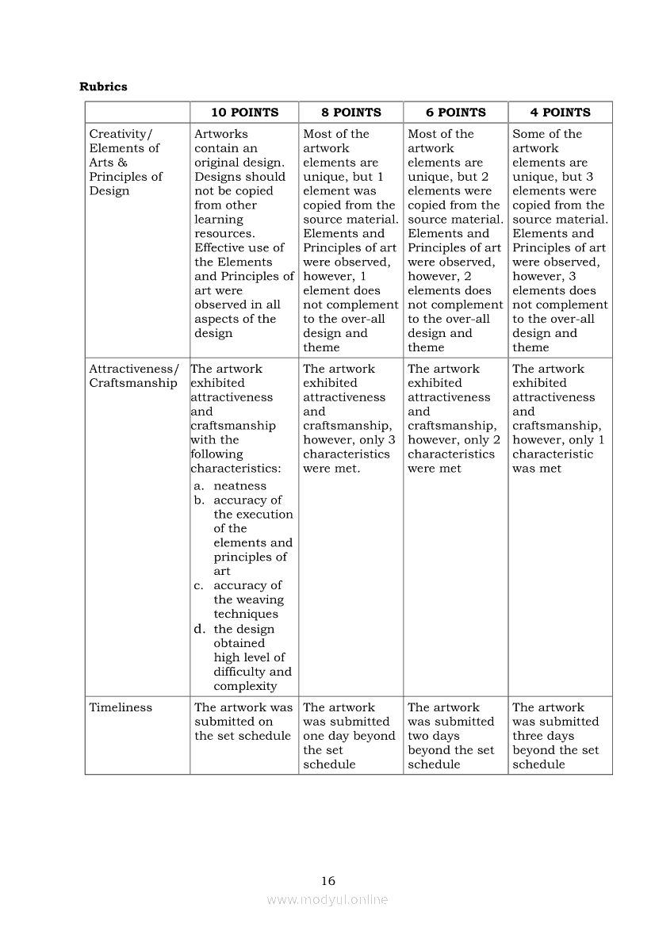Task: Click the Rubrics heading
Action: [x=103, y=86]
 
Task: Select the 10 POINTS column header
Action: [x=244, y=113]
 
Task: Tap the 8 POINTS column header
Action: [x=350, y=113]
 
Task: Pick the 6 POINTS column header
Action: [x=455, y=113]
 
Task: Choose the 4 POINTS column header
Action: [x=560, y=113]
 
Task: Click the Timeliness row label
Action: [x=121, y=707]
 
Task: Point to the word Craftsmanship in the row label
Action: [x=133, y=383]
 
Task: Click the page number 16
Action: [x=328, y=880]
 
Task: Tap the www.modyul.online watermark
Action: [x=327, y=899]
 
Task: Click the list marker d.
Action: [x=200, y=630]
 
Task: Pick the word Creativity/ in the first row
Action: [x=121, y=134]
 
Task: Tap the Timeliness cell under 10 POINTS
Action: [x=243, y=722]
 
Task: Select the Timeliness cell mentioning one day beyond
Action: [x=349, y=736]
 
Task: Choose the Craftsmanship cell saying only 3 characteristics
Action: [x=349, y=419]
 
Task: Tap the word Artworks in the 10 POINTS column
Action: [x=221, y=134]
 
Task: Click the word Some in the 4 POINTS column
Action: [x=528, y=134]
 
